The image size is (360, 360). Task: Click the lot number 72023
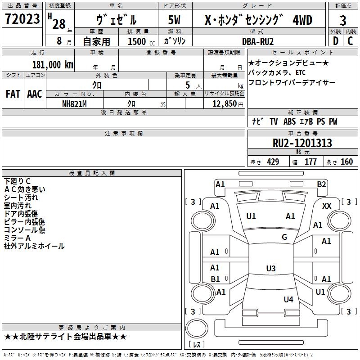coord(22,19)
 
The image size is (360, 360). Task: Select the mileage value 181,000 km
coord(53,65)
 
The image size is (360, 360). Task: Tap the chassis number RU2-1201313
coord(302,143)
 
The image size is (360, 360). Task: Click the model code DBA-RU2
coord(258,41)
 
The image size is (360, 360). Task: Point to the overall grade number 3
coord(343,20)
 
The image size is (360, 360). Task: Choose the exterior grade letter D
coord(336,41)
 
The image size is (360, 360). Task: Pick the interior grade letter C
coord(350,41)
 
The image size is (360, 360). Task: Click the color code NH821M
coord(74,104)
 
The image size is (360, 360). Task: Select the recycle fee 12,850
coord(224,104)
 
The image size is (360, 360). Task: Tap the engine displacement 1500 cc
coord(141,41)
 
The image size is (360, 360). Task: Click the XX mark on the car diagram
coord(327,206)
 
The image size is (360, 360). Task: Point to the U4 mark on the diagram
coord(288,299)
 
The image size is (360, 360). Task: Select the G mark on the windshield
coord(284,237)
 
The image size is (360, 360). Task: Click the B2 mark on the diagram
coord(321,184)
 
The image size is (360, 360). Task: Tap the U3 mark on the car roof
coord(271,268)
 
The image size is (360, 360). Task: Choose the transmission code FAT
coord(13,94)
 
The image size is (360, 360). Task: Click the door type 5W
coord(174,20)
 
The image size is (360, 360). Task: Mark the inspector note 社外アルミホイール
coord(34,246)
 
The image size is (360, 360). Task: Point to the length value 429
coord(273,162)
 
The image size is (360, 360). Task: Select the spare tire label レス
coord(197,344)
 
